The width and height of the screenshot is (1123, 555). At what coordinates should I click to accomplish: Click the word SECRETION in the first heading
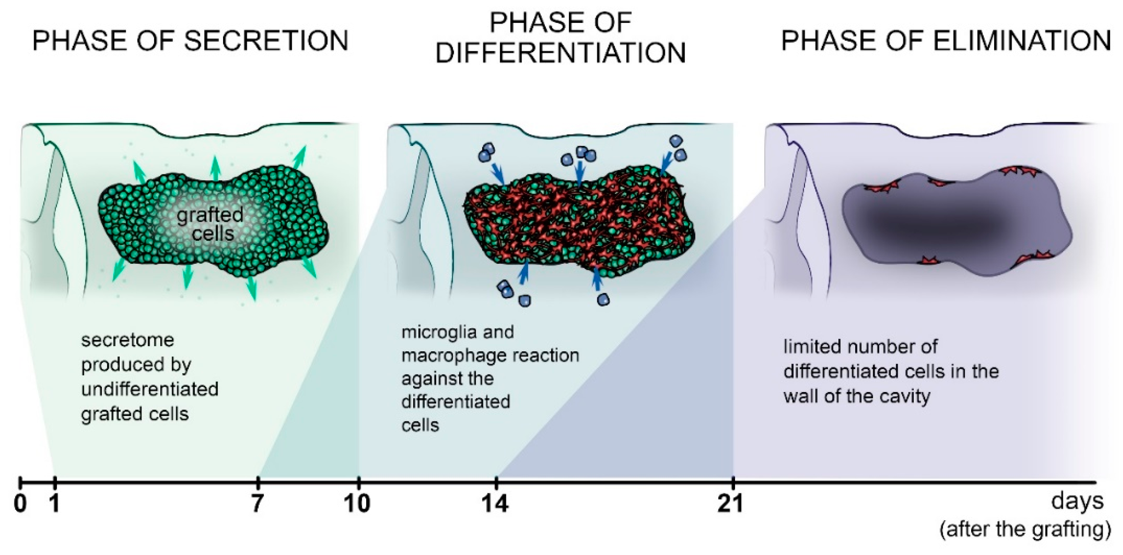[x=266, y=41]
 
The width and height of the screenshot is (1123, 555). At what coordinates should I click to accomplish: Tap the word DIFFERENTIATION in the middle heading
[x=561, y=53]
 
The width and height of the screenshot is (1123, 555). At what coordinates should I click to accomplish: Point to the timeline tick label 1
[x=54, y=504]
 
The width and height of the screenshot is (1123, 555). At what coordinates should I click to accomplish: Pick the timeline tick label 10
[x=357, y=504]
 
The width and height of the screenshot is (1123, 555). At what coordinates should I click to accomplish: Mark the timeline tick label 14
[x=495, y=504]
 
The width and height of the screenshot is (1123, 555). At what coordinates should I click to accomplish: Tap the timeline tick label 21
[x=731, y=504]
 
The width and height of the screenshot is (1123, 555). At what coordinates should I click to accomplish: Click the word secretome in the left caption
[x=127, y=340]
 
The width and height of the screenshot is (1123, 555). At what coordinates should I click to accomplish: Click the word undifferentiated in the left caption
[x=150, y=389]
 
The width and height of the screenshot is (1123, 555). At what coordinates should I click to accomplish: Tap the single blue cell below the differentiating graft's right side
[x=603, y=300]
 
